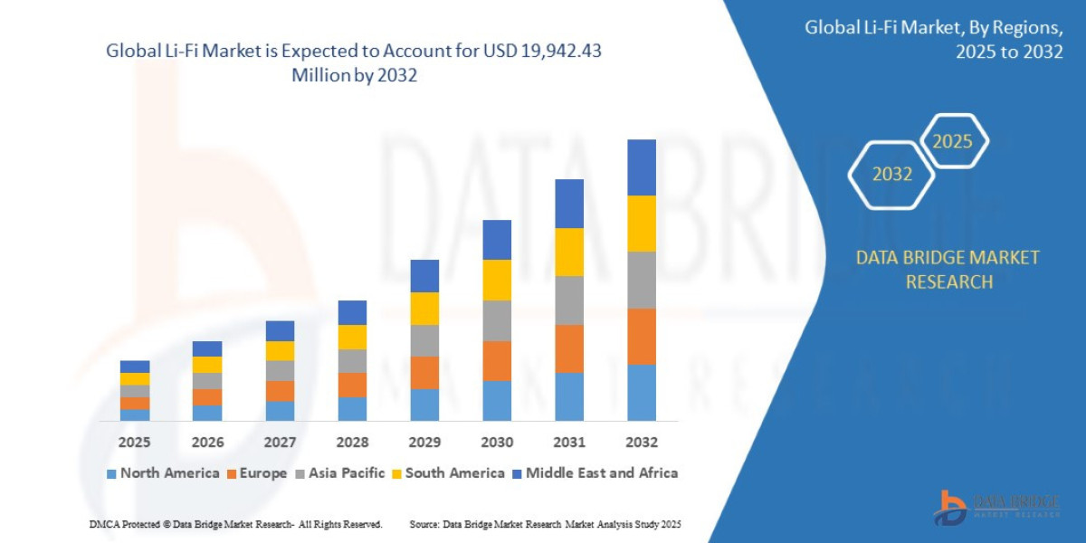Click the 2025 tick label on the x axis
pos(135,443)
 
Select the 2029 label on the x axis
pos(424,443)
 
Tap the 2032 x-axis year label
pos(641,443)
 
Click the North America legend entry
pos(163,473)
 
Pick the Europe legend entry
pos(256,473)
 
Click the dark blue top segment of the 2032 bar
pos(641,167)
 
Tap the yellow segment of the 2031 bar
pos(569,252)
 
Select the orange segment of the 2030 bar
pos(497,360)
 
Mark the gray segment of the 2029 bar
pos(424,340)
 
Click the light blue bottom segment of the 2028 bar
pos(352,409)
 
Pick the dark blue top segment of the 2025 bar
pos(135,367)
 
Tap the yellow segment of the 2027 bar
pos(280,351)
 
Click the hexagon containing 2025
pos(952,141)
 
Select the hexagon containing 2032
pos(891,175)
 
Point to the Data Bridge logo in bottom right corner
pos(995,507)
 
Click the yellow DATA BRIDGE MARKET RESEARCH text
pos(948,270)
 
